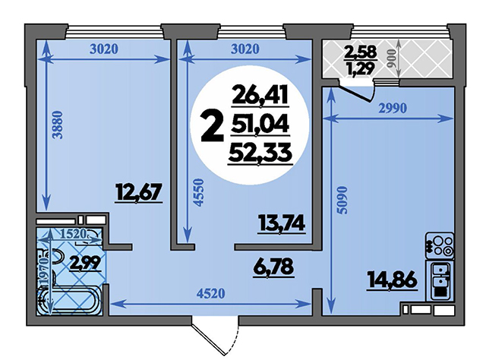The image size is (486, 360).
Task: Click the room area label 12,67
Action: click(x=139, y=193)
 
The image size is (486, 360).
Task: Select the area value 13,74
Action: click(x=282, y=223)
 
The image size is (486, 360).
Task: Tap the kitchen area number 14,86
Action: click(x=392, y=281)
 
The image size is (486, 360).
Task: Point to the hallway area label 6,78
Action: click(x=273, y=267)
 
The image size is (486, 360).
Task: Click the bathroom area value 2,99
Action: click(x=84, y=264)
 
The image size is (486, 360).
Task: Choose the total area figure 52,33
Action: click(x=260, y=153)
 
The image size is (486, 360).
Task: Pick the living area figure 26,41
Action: click(x=260, y=96)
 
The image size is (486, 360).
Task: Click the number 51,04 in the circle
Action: click(x=260, y=125)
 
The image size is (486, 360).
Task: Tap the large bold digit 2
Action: click(x=213, y=127)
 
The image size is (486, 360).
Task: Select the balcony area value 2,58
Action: click(x=361, y=52)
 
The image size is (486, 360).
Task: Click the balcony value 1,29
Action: click(x=361, y=68)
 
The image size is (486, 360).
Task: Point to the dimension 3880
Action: click(x=58, y=125)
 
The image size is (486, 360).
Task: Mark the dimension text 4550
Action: click(x=199, y=192)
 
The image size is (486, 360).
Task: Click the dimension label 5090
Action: click(x=343, y=200)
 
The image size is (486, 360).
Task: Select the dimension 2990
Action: click(x=392, y=108)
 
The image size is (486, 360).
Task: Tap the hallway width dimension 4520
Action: click(x=210, y=293)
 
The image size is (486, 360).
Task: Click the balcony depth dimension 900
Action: click(x=392, y=58)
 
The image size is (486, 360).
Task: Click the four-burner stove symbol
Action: click(x=440, y=246)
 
